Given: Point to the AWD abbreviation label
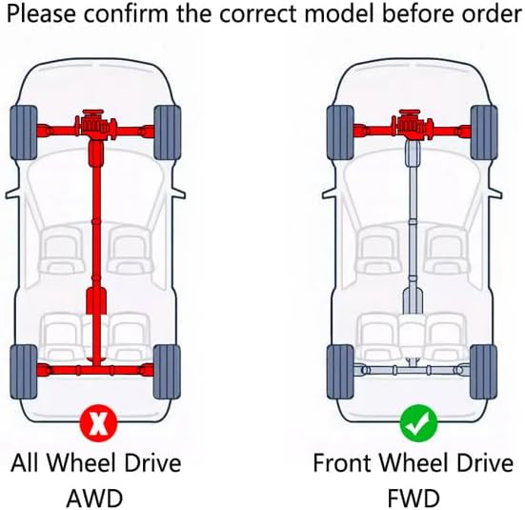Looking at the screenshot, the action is [94, 499].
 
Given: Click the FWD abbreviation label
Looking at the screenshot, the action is [414, 499].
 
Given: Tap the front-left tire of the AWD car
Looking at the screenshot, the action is [24, 133].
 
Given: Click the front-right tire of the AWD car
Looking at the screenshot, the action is [167, 133].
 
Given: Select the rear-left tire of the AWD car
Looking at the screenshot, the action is [24, 372].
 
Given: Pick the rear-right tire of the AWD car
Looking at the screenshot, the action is [167, 372].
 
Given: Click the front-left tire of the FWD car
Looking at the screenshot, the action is [340, 133].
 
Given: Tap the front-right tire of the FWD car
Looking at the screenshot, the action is [484, 133].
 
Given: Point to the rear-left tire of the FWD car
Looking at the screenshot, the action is [340, 372].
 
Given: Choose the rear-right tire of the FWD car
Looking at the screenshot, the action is [484, 372].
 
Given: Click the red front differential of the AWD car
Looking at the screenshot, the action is [96, 125].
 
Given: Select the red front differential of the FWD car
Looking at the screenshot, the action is [413, 125].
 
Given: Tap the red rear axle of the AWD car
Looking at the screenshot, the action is [95, 370].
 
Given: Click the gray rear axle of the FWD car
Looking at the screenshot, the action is [413, 370].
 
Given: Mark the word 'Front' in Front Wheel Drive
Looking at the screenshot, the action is [342, 462].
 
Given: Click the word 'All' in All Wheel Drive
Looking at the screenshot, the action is [26, 462].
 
